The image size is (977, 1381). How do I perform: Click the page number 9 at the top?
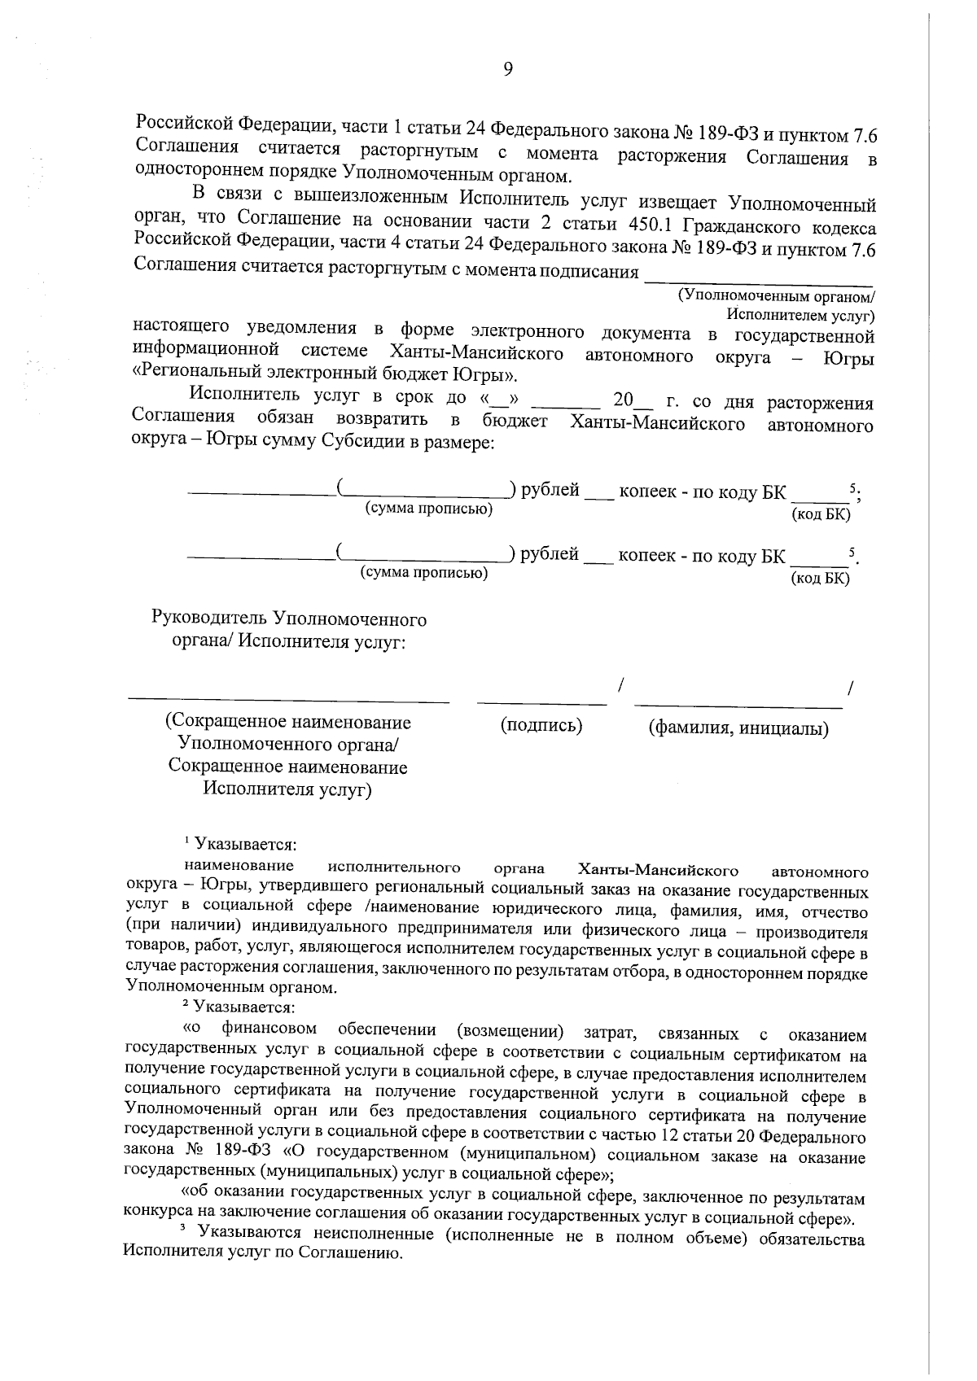[x=507, y=70]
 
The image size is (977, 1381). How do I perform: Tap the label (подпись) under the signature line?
[x=541, y=725]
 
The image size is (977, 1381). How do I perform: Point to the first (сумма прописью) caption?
[x=429, y=509]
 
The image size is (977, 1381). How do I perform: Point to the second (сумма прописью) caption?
[x=424, y=573]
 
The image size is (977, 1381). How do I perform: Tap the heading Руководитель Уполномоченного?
[x=289, y=619]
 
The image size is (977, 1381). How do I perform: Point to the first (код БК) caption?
[x=820, y=514]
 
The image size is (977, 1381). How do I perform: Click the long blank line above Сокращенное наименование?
[x=289, y=699]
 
